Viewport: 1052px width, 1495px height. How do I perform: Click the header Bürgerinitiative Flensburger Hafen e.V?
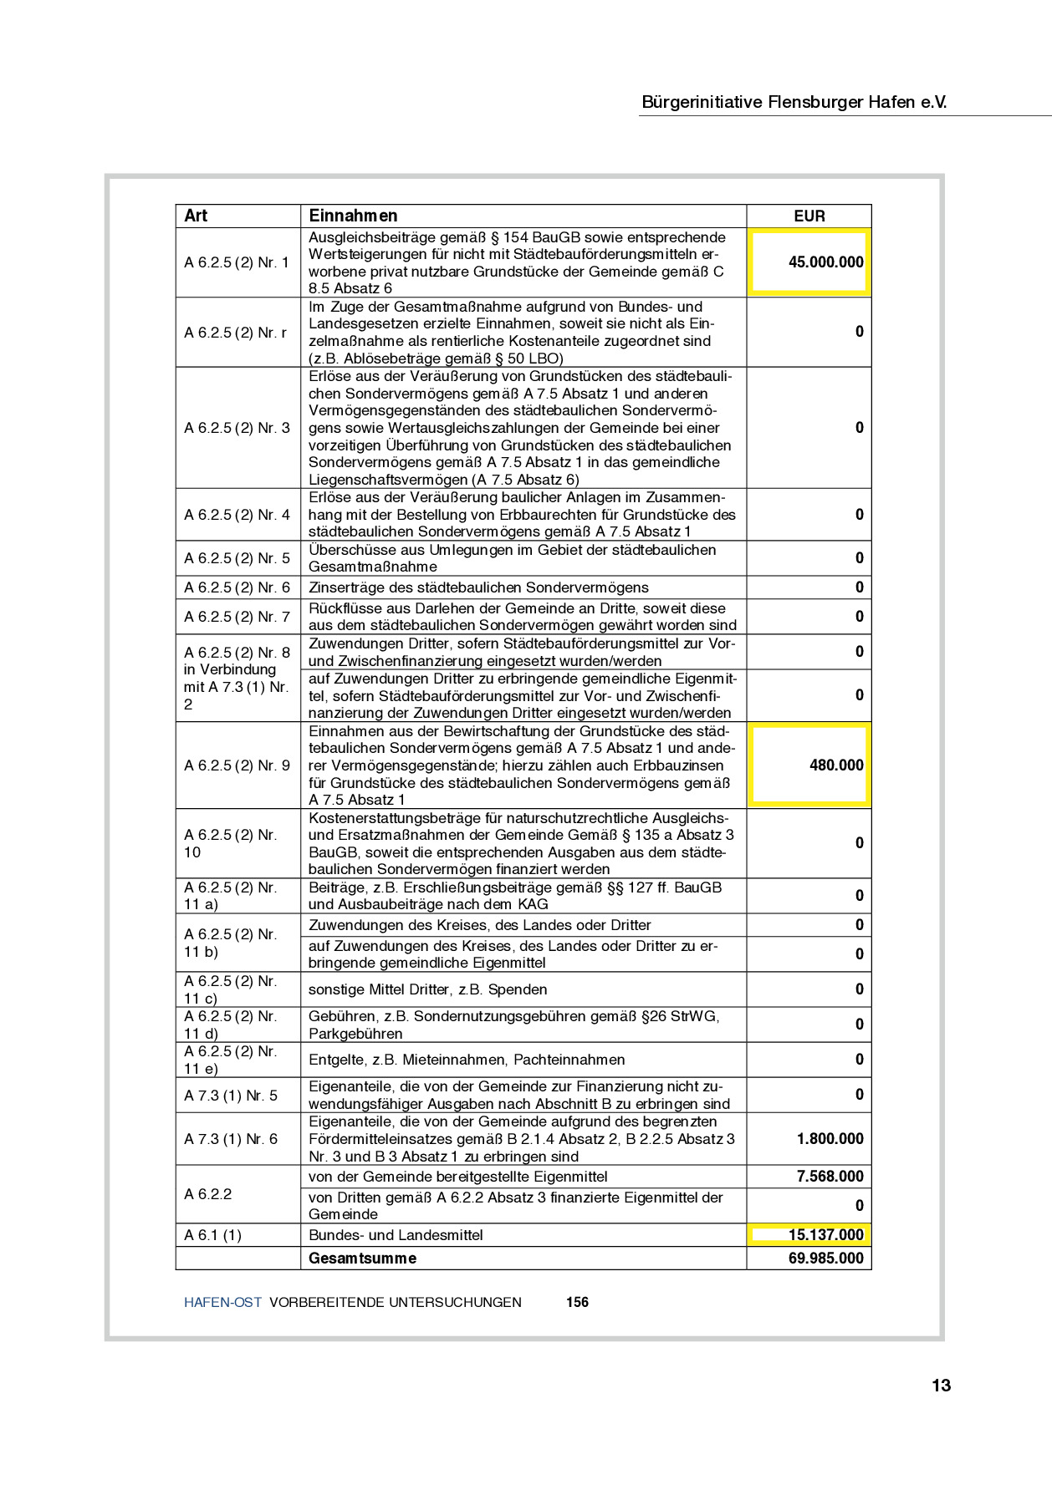(794, 102)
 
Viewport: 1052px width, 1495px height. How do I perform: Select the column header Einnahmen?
(353, 216)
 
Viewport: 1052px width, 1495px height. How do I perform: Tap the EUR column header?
(809, 216)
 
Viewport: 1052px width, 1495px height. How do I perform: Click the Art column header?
(196, 216)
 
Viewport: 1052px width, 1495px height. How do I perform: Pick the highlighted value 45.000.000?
(825, 262)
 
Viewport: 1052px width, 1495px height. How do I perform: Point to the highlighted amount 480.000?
(835, 765)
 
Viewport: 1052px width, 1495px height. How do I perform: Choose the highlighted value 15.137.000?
(825, 1235)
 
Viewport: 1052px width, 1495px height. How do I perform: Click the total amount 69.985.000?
(825, 1259)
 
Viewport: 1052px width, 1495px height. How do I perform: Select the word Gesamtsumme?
(362, 1259)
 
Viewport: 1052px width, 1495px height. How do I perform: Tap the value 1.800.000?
(830, 1139)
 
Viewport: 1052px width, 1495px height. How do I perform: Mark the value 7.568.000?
(830, 1177)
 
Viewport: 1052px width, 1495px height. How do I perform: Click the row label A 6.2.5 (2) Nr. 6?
(237, 587)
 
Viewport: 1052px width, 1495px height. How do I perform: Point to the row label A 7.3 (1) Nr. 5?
(231, 1096)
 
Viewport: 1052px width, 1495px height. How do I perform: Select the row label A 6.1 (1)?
(212, 1235)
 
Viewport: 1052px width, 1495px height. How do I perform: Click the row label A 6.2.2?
(208, 1194)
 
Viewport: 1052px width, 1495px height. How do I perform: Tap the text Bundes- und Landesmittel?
(396, 1235)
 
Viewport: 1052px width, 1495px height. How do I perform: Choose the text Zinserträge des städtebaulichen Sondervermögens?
(478, 587)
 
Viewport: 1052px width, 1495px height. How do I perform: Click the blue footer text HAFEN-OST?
(222, 1302)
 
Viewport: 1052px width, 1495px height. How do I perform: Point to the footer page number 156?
(577, 1302)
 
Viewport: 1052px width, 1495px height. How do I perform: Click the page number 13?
(941, 1386)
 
